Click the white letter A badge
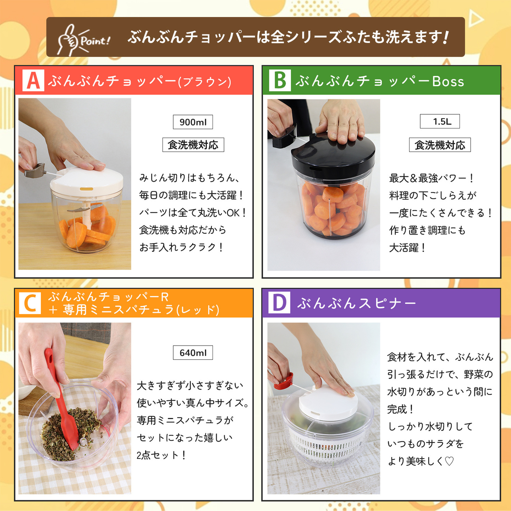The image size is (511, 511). coord(33,80)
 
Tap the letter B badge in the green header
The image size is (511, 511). coord(280,80)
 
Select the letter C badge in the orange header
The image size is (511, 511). coord(30,303)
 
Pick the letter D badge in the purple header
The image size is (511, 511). coord(279,303)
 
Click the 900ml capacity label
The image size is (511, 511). coord(193,122)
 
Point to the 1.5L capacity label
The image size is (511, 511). coord(440,121)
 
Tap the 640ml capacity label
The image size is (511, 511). coord(193,352)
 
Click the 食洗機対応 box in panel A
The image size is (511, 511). coord(193,145)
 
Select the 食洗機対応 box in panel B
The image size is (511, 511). coord(440,145)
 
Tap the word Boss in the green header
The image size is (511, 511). coord(448,81)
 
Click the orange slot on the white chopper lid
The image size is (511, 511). coord(87,189)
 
